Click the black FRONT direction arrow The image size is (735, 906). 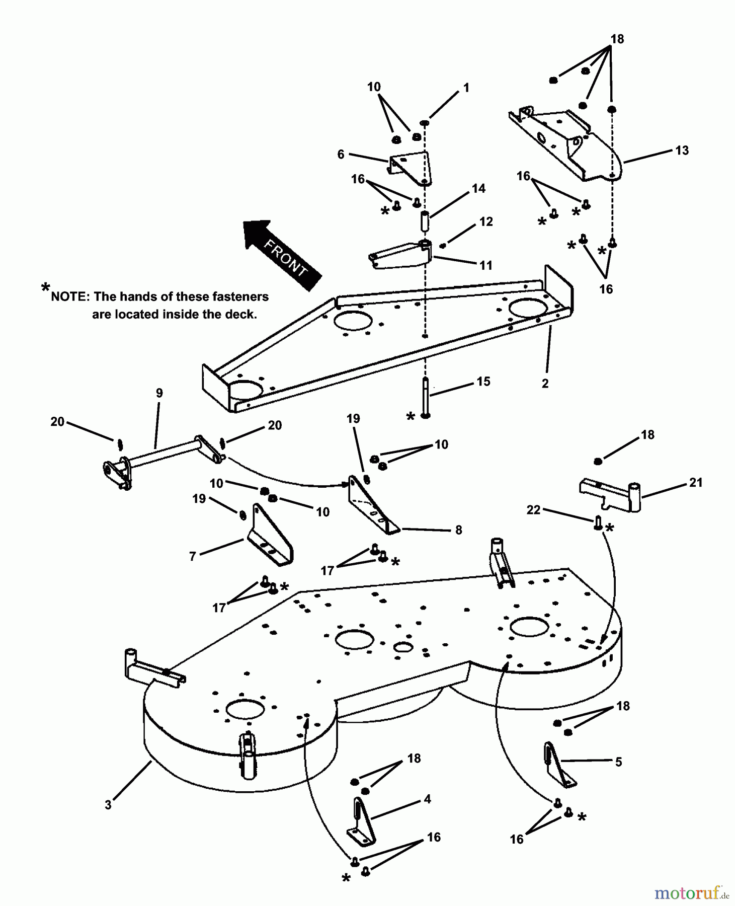[282, 255]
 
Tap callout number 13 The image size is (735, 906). [682, 150]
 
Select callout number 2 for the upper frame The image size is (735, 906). [545, 383]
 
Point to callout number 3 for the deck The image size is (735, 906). [108, 805]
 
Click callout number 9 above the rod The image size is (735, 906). [159, 393]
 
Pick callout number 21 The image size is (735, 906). [696, 483]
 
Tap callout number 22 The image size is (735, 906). [533, 510]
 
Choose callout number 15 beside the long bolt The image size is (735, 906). [483, 382]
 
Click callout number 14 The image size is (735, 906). [478, 188]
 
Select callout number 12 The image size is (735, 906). [486, 221]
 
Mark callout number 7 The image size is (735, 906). [193, 557]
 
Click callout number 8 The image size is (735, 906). [458, 530]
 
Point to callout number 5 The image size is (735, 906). [618, 762]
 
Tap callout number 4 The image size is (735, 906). [427, 799]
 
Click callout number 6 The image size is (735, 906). [341, 154]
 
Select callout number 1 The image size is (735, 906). [466, 88]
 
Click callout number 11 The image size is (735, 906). [485, 265]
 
